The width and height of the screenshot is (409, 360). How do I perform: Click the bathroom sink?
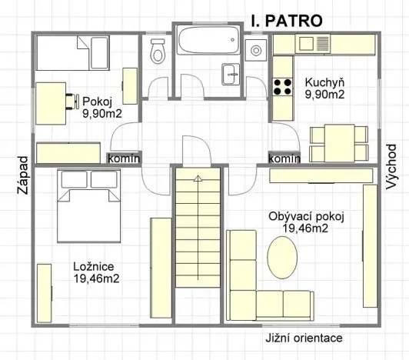231,74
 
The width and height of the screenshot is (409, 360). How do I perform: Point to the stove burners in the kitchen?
282,85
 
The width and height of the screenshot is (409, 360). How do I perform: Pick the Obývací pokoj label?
305,216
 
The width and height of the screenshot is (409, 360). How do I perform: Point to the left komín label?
124,158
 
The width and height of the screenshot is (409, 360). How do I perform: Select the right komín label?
284,158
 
